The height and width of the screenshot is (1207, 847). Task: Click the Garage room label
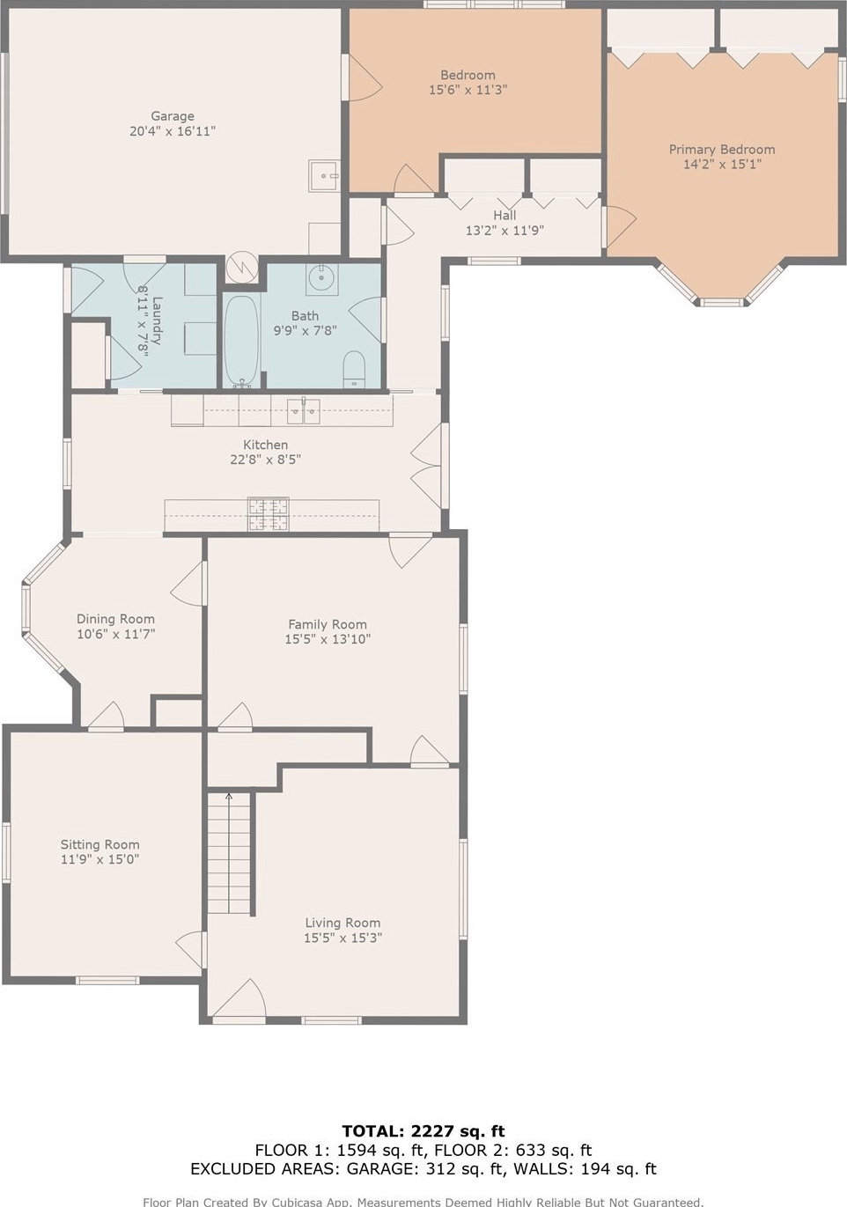173,116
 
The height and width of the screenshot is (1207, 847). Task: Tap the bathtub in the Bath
242,341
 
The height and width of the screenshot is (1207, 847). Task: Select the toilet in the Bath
354,369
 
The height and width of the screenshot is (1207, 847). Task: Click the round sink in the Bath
322,279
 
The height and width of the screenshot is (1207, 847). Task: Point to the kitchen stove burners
269,514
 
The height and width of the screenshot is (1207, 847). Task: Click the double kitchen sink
304,412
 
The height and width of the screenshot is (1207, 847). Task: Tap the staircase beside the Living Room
230,853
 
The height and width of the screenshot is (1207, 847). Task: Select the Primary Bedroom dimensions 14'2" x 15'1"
722,164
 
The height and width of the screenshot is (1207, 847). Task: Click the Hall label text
505,215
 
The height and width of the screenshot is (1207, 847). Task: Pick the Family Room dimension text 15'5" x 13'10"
328,639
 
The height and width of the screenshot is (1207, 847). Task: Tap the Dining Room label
115,619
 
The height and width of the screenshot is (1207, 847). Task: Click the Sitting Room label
99,844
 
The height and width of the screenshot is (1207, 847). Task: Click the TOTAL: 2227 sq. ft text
423,1130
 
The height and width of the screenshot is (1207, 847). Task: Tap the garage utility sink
323,176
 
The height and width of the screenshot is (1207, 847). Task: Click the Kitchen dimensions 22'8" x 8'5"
265,460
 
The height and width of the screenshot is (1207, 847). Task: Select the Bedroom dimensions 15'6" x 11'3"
468,90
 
